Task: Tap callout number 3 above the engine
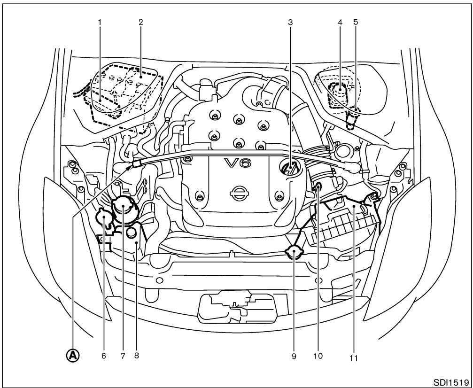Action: pos(291,22)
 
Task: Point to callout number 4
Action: pos(340,22)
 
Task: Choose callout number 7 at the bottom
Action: pos(122,356)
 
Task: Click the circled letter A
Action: pos(74,356)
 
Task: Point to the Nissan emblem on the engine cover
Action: pos(239,193)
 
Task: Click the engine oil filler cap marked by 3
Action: pos(290,168)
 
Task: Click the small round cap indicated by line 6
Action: pos(103,217)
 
